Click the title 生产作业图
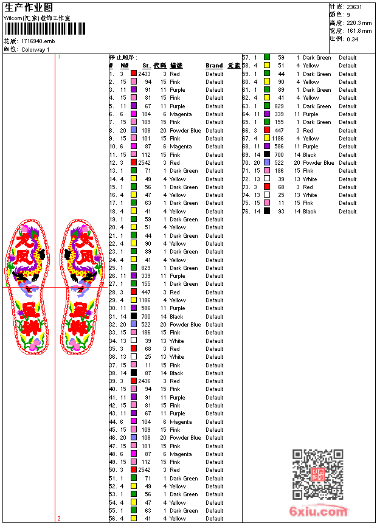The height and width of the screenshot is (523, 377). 29,7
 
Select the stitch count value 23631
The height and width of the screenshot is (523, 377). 355,7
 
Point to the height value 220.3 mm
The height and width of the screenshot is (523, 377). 359,23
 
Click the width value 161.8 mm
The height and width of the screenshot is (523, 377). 359,30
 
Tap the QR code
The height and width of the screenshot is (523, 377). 317,474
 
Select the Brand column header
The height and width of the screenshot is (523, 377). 214,66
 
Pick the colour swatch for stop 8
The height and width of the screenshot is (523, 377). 134,130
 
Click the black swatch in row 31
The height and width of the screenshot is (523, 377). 134,316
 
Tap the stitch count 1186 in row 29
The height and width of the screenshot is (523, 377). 144,300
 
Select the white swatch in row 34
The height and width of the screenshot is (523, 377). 134,341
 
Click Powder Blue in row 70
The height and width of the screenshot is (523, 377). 318,163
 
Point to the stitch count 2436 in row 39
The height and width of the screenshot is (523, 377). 144,381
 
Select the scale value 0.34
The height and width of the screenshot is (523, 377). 352,38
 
